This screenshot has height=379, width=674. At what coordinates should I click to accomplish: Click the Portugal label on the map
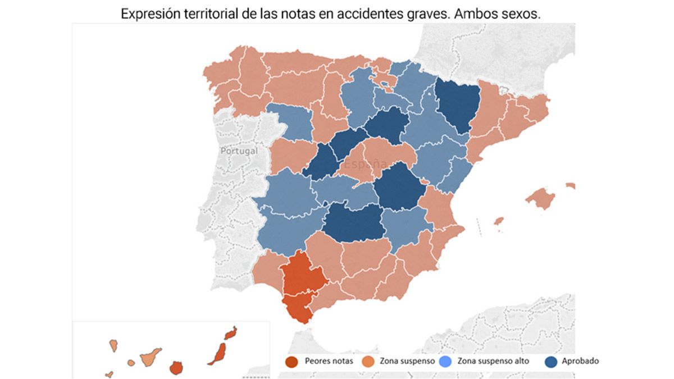coord(239,150)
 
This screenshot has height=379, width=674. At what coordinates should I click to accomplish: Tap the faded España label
coord(366,164)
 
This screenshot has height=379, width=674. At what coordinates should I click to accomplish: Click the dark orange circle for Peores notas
coord(291,361)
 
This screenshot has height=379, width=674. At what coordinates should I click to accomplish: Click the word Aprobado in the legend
coord(580,361)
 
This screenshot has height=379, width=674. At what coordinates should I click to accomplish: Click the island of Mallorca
coord(540,198)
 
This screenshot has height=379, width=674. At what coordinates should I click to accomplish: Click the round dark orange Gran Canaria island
coord(176,368)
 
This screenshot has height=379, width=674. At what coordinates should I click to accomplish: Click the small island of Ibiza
coord(498,221)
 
